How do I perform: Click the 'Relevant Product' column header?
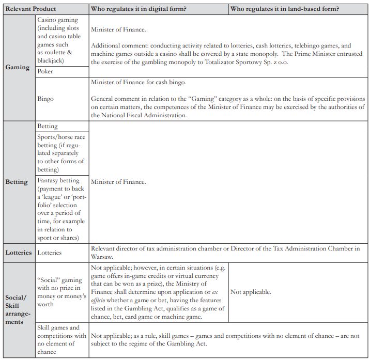(30, 9)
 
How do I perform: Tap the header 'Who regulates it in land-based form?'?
(284, 9)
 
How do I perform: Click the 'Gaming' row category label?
(18, 67)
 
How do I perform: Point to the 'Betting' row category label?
(17, 182)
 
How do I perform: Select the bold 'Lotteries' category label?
(18, 253)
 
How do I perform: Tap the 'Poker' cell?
(46, 72)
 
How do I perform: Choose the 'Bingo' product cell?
(46, 98)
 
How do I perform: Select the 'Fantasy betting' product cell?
(60, 209)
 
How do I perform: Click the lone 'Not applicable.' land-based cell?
(251, 292)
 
